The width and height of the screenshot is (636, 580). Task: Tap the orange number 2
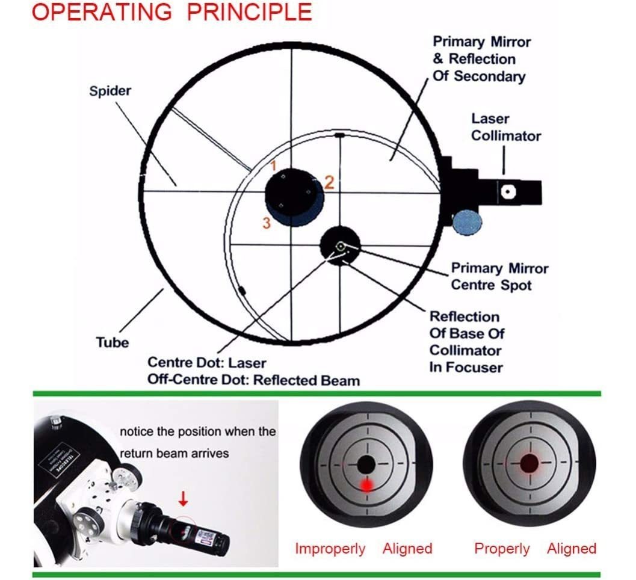(x=329, y=182)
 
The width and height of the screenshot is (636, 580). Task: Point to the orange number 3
(x=267, y=223)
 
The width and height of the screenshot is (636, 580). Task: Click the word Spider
(x=110, y=91)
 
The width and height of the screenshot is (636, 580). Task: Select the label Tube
(x=113, y=342)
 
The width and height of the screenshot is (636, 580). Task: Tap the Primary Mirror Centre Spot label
(x=499, y=276)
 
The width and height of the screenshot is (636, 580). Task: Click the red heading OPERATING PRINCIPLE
(x=171, y=13)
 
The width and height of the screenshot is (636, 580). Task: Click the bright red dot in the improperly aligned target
(x=365, y=484)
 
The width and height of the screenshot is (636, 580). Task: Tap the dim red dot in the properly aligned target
(x=529, y=463)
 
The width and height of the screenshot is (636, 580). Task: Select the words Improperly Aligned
(x=363, y=549)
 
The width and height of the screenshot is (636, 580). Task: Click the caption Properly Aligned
(x=535, y=549)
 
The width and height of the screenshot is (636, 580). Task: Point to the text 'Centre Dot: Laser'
(x=206, y=363)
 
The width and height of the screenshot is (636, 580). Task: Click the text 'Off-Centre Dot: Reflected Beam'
(x=253, y=380)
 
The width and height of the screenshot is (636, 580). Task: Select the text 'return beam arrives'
(x=174, y=453)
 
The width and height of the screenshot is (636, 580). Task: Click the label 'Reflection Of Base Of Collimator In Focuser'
(x=466, y=341)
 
